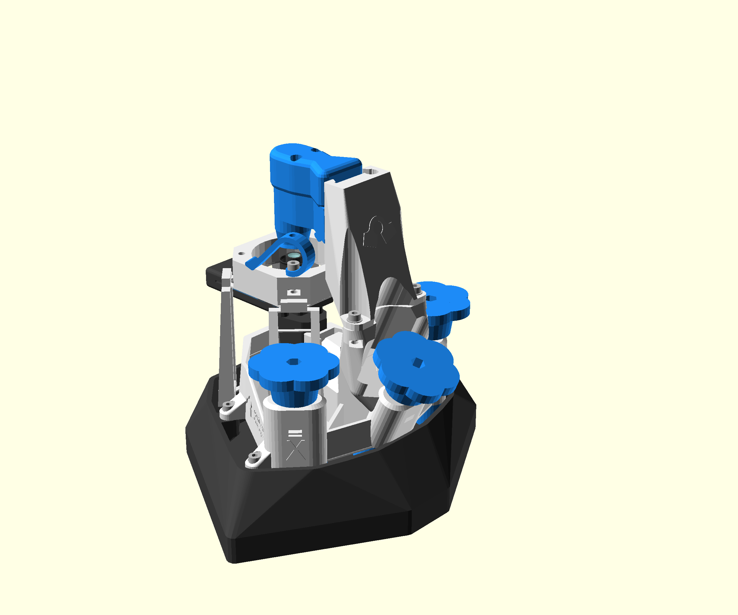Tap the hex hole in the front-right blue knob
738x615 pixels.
pos(418,363)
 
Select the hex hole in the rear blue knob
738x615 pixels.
pos(431,298)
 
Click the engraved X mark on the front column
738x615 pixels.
pos(296,450)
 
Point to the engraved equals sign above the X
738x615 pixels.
pos(295,433)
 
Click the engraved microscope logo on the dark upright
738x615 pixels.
pos(375,232)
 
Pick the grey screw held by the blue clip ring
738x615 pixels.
pos(292,266)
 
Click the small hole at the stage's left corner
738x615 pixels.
pos(241,253)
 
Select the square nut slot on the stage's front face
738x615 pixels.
pos(293,292)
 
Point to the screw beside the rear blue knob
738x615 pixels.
pos(417,289)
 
